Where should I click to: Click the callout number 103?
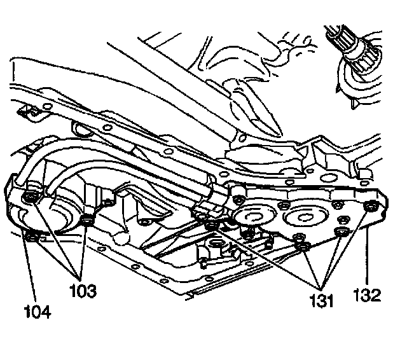point(83,292)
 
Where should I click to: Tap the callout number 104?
point(37,312)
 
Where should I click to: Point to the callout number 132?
point(368,294)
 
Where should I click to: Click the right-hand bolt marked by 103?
point(88,221)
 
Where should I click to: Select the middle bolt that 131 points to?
point(305,245)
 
